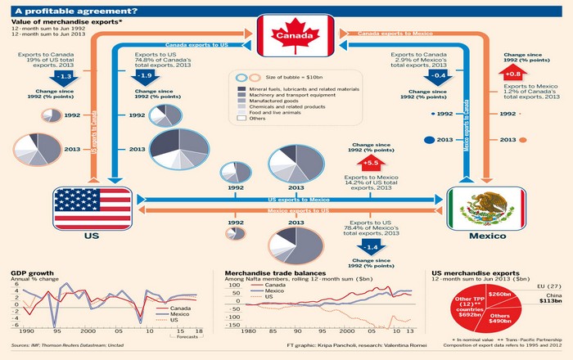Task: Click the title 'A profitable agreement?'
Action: (62, 10)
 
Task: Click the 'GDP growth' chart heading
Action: (32, 271)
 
